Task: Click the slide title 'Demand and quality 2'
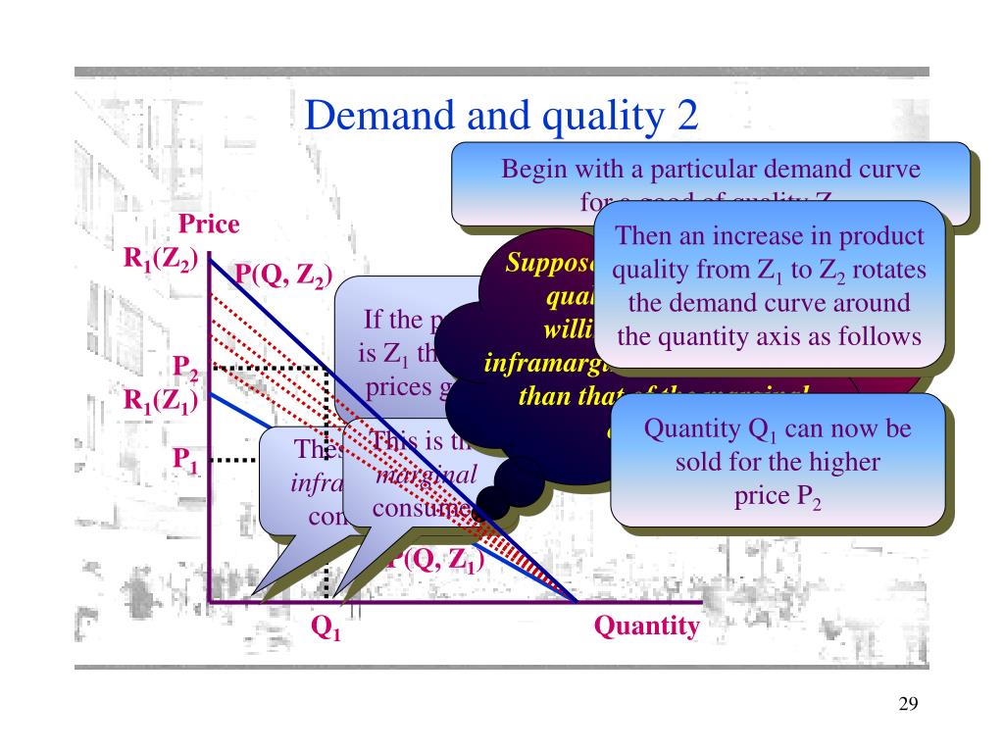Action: tap(502, 117)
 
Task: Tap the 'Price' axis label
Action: tap(209, 225)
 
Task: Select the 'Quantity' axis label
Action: tap(647, 626)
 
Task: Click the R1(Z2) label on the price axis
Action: tap(161, 260)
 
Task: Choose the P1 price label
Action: tap(186, 458)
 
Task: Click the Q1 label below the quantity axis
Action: tap(326, 627)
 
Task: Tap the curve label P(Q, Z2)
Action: tap(282, 276)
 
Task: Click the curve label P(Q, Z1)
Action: tap(436, 562)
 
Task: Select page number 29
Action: tap(907, 705)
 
